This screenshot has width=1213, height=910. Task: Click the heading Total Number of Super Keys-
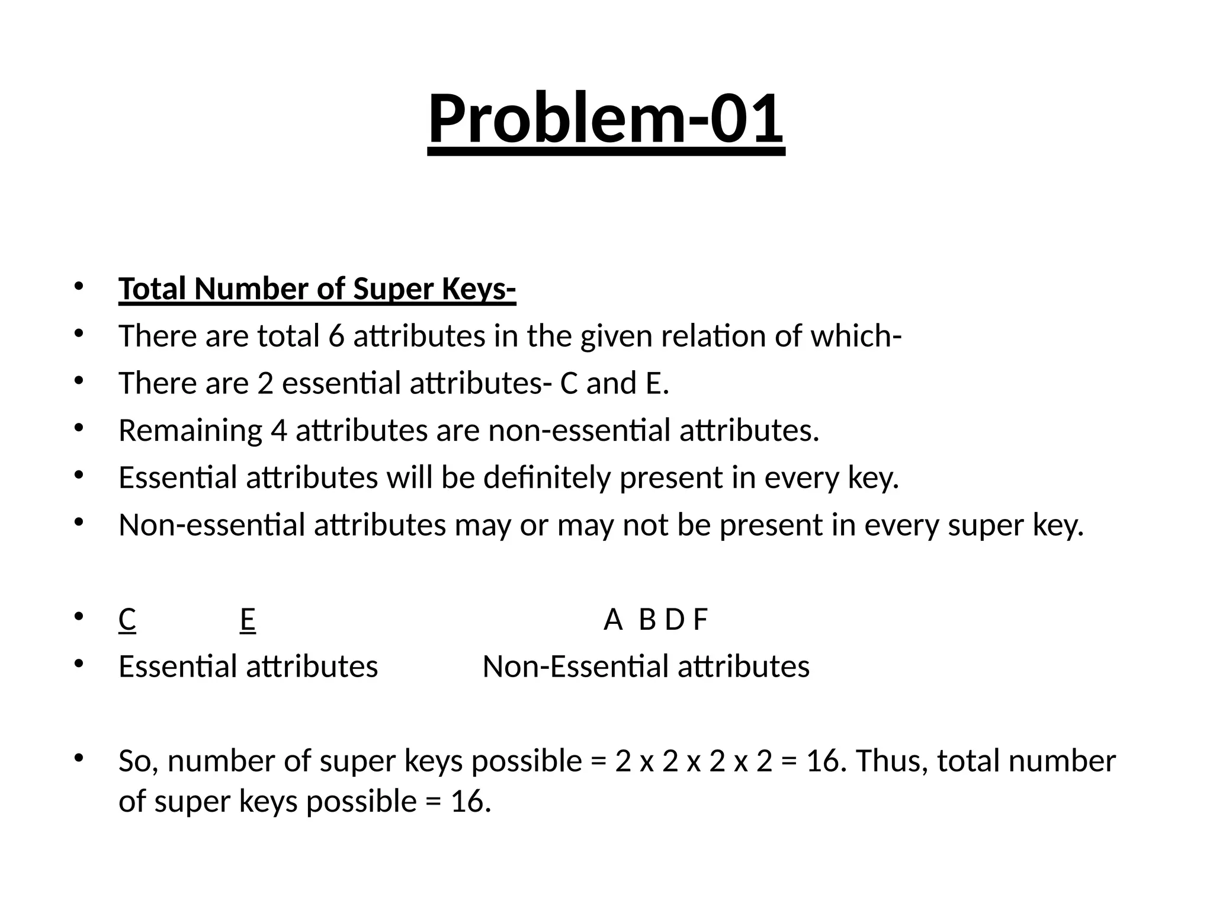[317, 289]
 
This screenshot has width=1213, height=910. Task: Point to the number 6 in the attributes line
[336, 336]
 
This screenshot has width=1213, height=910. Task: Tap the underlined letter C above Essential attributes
[127, 620]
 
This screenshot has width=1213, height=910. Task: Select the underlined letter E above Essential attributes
[248, 620]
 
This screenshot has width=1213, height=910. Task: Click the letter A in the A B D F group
[613, 620]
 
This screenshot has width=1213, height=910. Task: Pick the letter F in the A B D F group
[700, 620]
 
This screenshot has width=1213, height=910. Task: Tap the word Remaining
[190, 430]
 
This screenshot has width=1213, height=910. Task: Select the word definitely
[546, 478]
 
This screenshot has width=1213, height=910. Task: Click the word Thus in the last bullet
[891, 761]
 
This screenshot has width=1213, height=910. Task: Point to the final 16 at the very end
[470, 802]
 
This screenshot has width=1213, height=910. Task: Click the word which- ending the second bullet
[856, 336]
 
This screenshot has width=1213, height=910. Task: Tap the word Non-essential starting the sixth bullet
[211, 525]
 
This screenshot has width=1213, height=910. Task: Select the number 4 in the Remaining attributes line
[278, 430]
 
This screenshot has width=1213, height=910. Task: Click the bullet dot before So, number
[79, 758]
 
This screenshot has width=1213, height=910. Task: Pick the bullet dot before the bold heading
[79, 287]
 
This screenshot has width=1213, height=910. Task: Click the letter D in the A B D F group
[674, 620]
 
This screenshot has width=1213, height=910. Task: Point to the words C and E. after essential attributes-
[614, 383]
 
